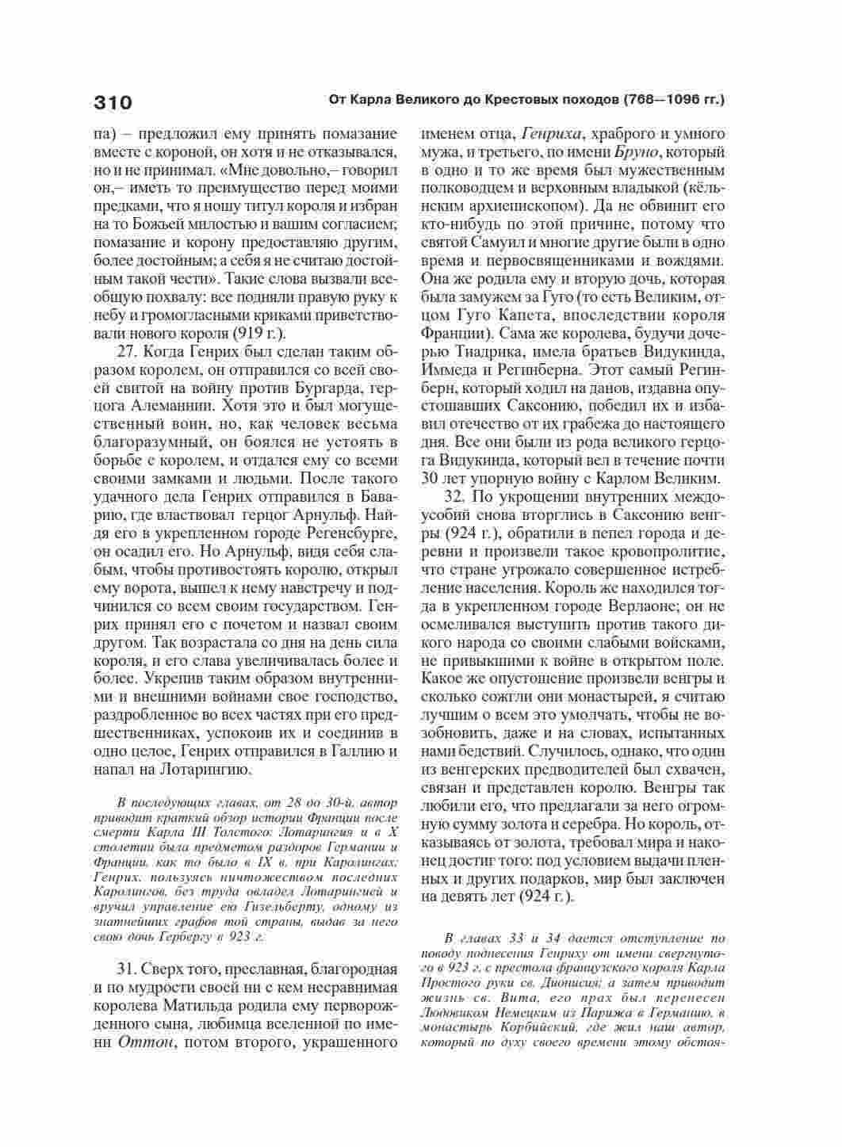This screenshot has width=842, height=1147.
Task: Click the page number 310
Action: click(113, 102)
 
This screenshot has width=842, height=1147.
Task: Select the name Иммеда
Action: click(450, 369)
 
